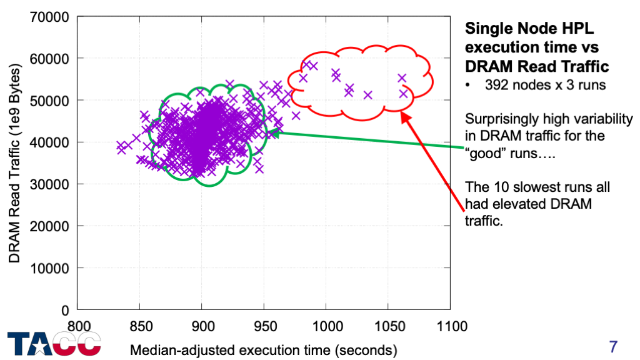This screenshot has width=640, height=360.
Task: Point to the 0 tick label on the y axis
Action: [64, 309]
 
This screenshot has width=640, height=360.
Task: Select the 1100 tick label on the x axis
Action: [451, 326]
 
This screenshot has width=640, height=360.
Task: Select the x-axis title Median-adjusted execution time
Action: [263, 349]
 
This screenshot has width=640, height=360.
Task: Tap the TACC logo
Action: [54, 344]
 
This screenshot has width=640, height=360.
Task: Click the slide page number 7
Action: [613, 346]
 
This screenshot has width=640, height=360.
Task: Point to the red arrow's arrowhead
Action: [403, 116]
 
